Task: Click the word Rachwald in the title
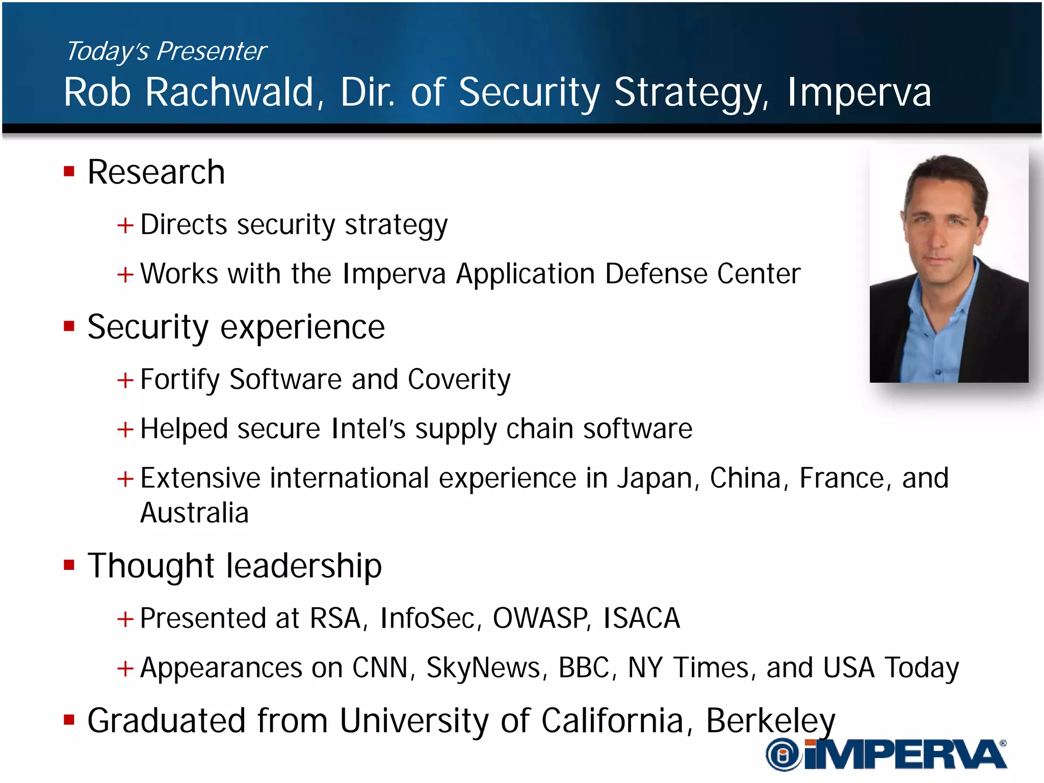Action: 229,92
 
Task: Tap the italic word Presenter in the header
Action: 211,51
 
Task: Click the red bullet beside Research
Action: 69,171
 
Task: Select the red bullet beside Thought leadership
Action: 69,565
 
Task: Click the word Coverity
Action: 459,380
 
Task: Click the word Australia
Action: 194,513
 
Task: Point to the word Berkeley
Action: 770,721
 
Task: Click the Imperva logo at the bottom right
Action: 886,754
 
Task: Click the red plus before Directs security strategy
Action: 125,225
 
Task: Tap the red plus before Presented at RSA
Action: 125,619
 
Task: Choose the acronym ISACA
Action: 641,618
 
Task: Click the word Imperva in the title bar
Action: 859,92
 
